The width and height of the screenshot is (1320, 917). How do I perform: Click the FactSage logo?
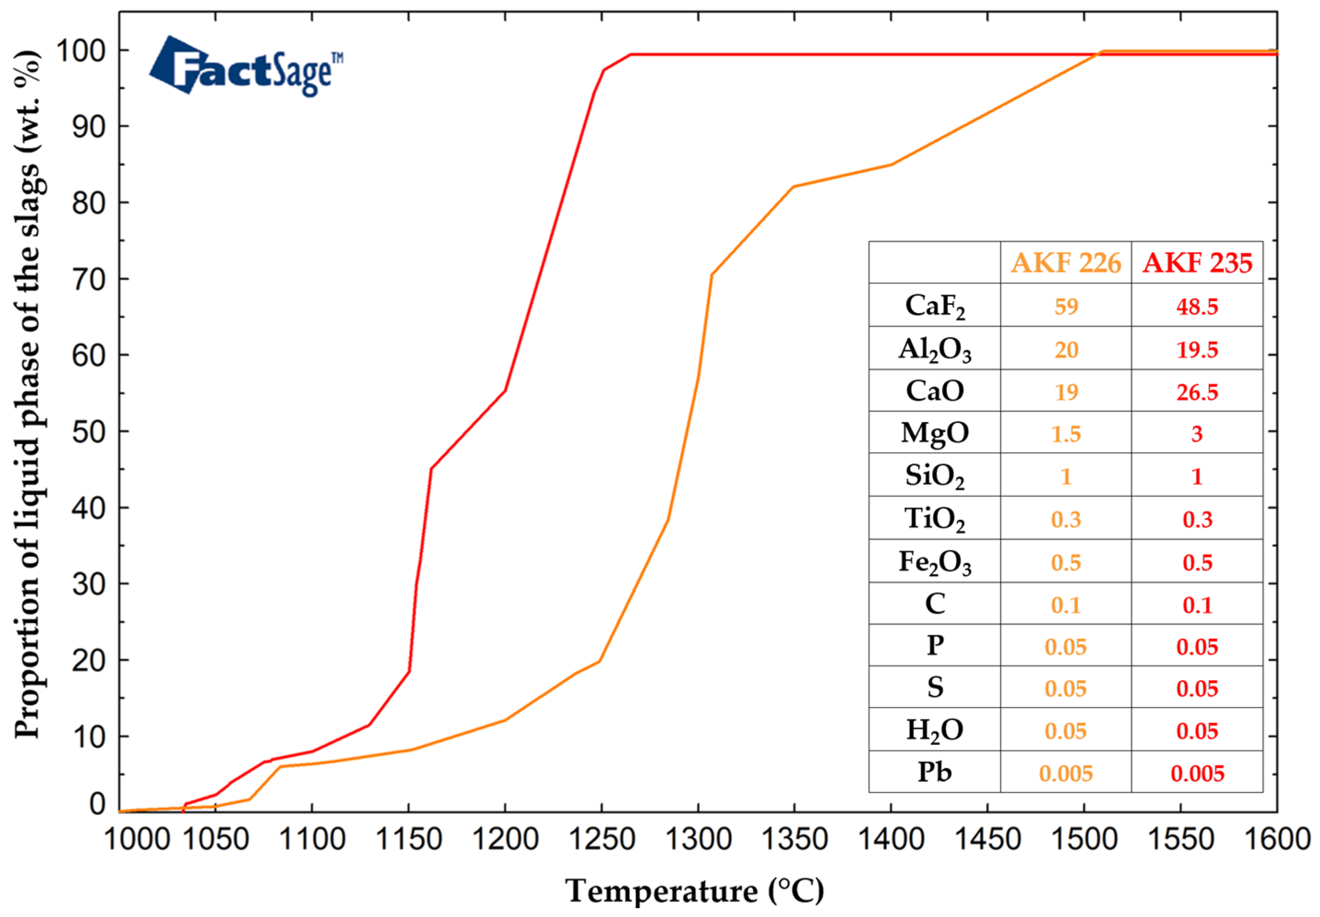[246, 67]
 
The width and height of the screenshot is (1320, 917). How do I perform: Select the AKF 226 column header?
[1065, 263]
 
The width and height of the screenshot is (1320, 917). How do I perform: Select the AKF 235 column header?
[1197, 263]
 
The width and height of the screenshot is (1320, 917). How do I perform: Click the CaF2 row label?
[934, 306]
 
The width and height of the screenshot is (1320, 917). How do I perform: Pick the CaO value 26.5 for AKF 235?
[1197, 392]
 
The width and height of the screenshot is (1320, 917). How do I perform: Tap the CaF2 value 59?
[1065, 306]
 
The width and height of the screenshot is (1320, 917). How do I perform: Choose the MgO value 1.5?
[1065, 434]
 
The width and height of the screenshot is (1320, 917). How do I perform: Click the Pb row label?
[934, 772]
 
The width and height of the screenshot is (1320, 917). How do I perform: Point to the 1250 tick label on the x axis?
[602, 840]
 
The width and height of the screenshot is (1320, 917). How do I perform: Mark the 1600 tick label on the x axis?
[1276, 840]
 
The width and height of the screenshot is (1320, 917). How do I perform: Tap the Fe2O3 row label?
[934, 562]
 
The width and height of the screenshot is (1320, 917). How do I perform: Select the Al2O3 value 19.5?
[1197, 349]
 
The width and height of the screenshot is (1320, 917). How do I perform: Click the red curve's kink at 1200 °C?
[505, 390]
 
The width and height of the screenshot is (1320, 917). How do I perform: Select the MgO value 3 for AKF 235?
[1197, 434]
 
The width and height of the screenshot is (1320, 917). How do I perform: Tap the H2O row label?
[934, 730]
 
